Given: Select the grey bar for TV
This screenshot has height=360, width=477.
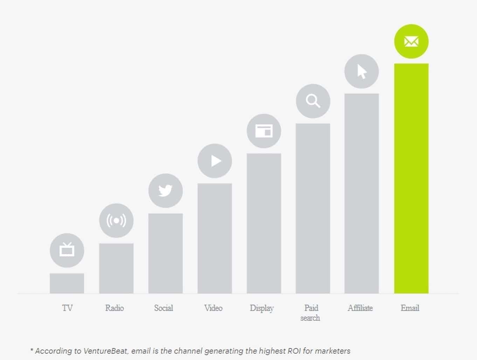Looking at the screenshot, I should coord(67,283).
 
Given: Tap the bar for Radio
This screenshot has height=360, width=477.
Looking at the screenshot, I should coord(116,268).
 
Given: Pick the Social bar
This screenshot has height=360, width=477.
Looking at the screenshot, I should coord(165,253).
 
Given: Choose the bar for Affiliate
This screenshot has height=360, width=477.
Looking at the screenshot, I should coord(361,193).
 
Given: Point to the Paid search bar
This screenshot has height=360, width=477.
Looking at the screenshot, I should coord(313,208).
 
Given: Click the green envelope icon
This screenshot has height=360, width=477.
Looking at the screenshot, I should coord(411,41).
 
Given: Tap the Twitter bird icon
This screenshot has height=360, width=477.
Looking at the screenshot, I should coord(165,191).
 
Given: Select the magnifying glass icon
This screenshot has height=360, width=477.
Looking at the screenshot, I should coord(313,101).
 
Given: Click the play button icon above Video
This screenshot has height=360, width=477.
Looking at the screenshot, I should coord(215,161).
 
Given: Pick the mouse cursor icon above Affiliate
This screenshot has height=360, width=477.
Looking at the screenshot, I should coord(361,72).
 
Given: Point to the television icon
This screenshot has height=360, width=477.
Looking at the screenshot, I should coord(67,250).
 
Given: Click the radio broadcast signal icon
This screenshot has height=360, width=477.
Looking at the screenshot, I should coord(116,220).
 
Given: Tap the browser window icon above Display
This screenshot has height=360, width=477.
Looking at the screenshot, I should coord(264,131).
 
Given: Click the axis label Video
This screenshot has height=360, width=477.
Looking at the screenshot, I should coord(213,308).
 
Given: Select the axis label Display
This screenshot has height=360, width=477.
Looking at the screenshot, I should coord(262,308).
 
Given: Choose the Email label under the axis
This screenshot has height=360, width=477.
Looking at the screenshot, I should coord(410,308).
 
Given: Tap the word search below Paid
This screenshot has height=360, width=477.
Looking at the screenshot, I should coord(310,318).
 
